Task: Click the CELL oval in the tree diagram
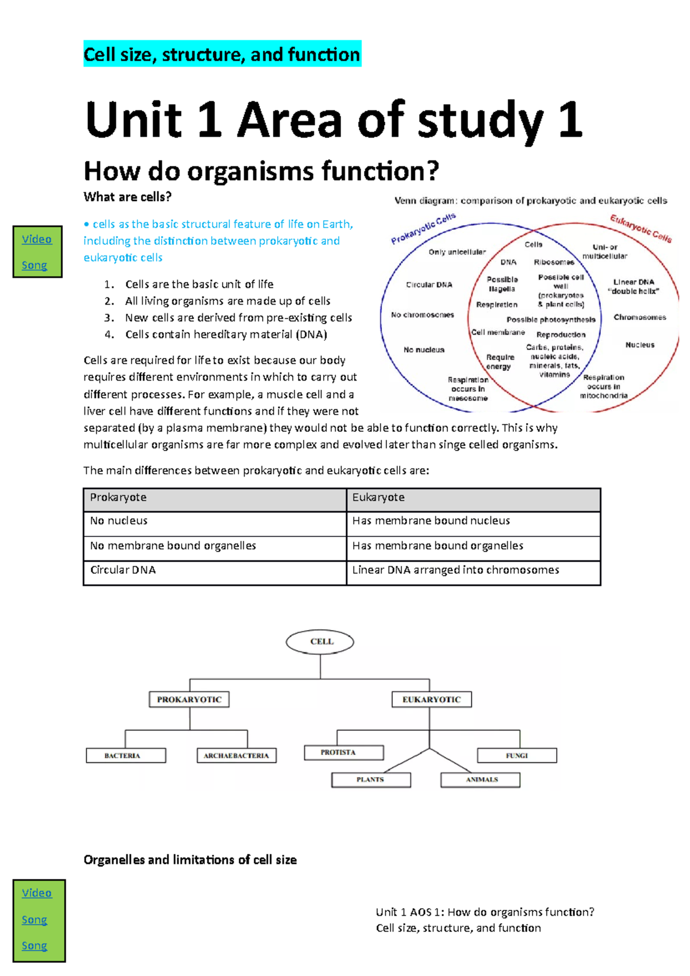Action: tap(320, 641)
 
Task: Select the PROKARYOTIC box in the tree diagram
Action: tap(189, 700)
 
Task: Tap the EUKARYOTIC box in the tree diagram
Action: tap(431, 700)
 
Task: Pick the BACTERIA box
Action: tap(126, 755)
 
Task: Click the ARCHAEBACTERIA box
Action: tap(236, 755)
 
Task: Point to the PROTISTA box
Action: tap(344, 752)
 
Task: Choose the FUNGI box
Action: tap(517, 755)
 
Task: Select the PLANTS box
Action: tap(371, 779)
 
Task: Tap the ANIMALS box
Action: tap(480, 779)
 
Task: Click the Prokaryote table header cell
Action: tap(215, 499)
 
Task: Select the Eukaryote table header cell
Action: tap(473, 499)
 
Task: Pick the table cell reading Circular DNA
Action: tap(215, 572)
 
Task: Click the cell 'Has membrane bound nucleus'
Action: tap(473, 524)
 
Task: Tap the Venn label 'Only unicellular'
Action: tap(457, 252)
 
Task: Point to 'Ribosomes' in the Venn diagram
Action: tap(554, 262)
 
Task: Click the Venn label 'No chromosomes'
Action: tap(423, 314)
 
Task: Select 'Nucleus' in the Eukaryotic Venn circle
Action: tap(640, 345)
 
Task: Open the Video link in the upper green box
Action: tap(37, 239)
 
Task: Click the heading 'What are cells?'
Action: tap(127, 197)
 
